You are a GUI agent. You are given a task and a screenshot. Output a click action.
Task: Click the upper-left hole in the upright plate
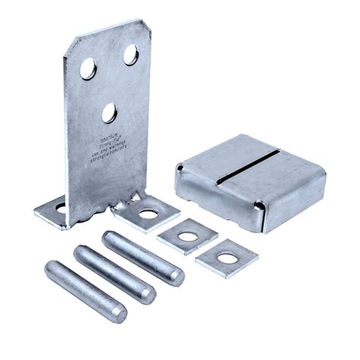pos(88,69)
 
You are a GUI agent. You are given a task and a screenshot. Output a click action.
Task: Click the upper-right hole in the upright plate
pos(131,55)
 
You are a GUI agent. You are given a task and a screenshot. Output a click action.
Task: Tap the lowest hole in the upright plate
pos(111,114)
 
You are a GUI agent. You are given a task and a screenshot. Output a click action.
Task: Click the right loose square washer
pos(226,258)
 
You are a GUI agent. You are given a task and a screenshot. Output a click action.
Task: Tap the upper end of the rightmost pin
pos(111,238)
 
